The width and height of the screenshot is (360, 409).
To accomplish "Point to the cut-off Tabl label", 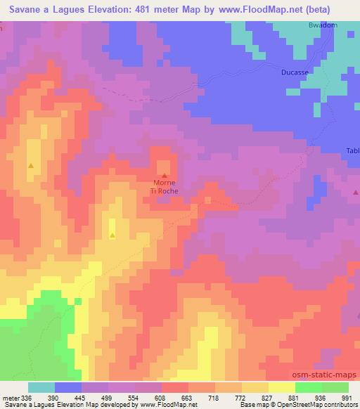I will [x=352, y=150].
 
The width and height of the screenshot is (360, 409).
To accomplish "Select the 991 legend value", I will [x=347, y=397].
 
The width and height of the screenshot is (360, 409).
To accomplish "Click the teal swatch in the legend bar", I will [x=41, y=387].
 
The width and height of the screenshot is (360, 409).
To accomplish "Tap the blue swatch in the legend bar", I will [x=68, y=387].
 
